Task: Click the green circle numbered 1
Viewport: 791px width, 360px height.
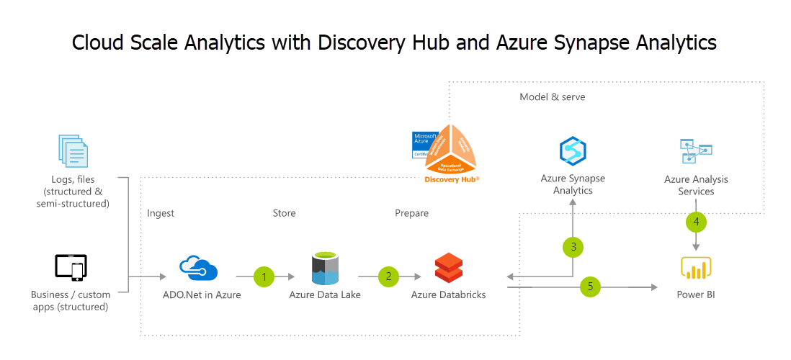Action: [264, 276]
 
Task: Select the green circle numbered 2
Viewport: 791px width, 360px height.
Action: [389, 276]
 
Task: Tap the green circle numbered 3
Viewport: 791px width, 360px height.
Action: [573, 247]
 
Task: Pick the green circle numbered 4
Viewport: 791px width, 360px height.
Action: [696, 222]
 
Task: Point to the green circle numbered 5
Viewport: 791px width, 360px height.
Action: [590, 287]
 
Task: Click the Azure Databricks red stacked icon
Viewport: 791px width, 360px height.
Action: [448, 268]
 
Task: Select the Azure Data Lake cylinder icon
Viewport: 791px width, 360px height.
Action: [325, 268]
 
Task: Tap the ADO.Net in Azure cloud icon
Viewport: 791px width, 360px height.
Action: [200, 268]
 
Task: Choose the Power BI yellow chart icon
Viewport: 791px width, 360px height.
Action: [696, 269]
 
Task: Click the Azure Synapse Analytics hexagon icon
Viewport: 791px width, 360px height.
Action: [573, 150]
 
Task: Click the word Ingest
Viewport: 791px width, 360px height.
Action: [161, 213]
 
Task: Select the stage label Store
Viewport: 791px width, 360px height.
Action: [284, 213]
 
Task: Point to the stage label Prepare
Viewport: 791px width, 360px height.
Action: [411, 213]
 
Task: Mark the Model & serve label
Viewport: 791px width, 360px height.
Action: [551, 96]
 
